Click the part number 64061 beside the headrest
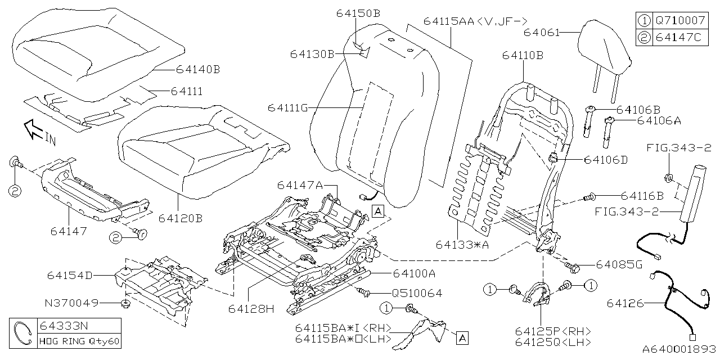tap(541, 33)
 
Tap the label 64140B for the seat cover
tap(197, 70)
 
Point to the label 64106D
tap(606, 160)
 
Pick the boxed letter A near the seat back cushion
tap(378, 211)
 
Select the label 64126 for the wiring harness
tap(625, 304)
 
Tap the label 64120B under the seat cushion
tap(180, 217)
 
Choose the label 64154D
tap(70, 276)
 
